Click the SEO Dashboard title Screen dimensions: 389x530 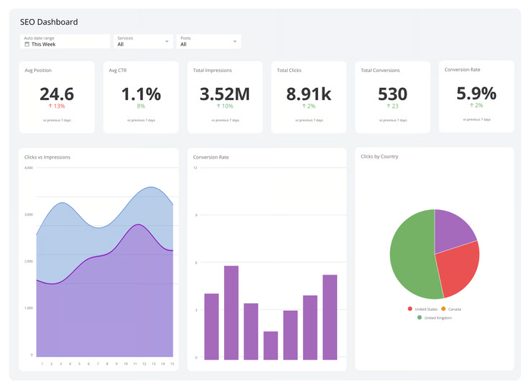click(x=48, y=22)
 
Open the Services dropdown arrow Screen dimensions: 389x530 click(x=167, y=42)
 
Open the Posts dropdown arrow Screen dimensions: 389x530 click(x=235, y=42)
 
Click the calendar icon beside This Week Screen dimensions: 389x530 click(x=27, y=45)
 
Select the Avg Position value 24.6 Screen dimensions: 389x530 click(x=57, y=94)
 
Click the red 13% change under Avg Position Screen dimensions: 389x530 click(x=57, y=106)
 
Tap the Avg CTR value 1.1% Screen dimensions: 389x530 click(x=141, y=94)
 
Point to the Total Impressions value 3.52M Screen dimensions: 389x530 click(x=225, y=94)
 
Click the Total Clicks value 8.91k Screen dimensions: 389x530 click(x=309, y=94)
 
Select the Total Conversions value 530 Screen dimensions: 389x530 click(x=392, y=94)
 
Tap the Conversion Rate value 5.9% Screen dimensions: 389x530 click(x=476, y=93)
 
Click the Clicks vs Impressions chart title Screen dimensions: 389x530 click(x=48, y=157)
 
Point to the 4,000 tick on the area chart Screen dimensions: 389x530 click(x=29, y=168)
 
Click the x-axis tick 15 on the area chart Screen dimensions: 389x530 click(x=173, y=364)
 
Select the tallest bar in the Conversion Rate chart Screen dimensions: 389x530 click(x=231, y=312)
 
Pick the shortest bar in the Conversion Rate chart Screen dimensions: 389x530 click(x=270, y=345)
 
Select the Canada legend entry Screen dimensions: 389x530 click(x=451, y=309)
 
